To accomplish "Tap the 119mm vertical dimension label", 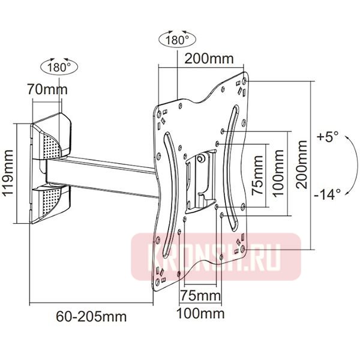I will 8,173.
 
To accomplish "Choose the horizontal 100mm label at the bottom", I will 200,314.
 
